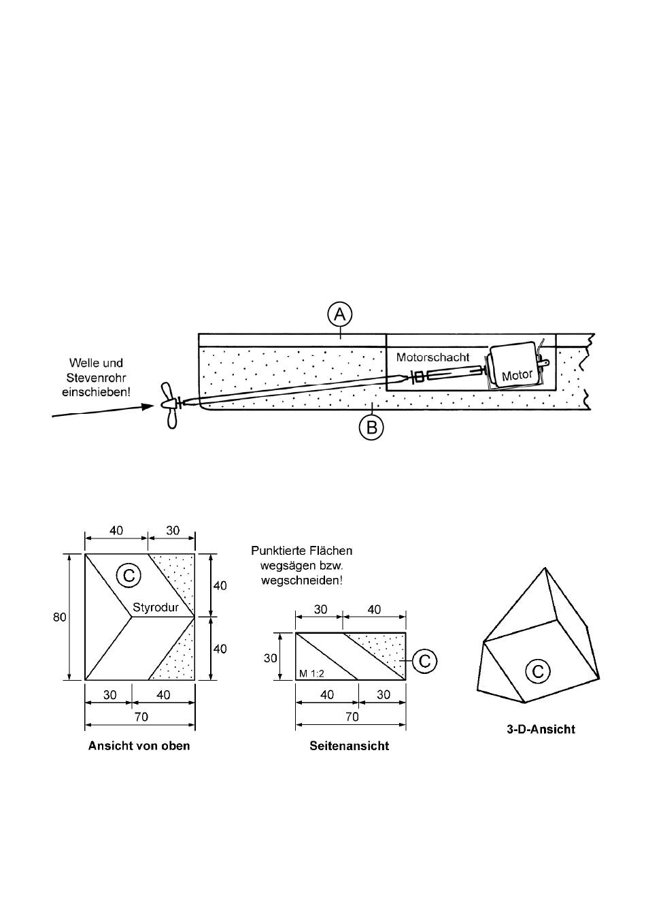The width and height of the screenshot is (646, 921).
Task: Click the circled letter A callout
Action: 339,314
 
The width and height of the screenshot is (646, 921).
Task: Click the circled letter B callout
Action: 371,427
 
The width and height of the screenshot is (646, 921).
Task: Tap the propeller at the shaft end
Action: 170,405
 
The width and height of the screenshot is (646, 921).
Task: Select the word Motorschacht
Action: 433,357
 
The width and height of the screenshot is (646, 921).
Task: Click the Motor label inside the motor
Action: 517,375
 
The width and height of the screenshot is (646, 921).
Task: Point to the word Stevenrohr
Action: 96,377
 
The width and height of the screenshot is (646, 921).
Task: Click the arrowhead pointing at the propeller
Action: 148,406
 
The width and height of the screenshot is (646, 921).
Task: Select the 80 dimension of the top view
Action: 60,617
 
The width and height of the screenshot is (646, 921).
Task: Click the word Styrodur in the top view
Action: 156,607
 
